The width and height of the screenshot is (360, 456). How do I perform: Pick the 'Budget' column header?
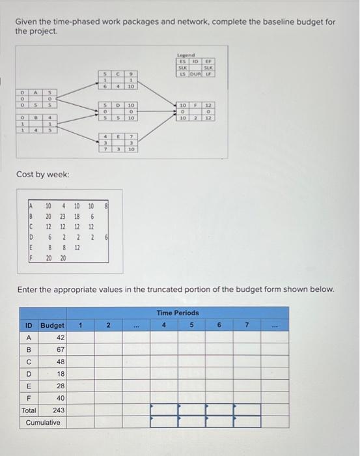pyautogui.click(x=52, y=325)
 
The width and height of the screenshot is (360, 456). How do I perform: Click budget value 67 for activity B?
pyautogui.click(x=59, y=350)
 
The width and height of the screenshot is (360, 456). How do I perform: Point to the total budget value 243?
pyautogui.click(x=57, y=410)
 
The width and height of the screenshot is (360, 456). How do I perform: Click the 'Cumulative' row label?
pyautogui.click(x=42, y=422)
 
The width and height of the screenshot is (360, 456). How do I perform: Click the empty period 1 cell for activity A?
pyautogui.click(x=80, y=337)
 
